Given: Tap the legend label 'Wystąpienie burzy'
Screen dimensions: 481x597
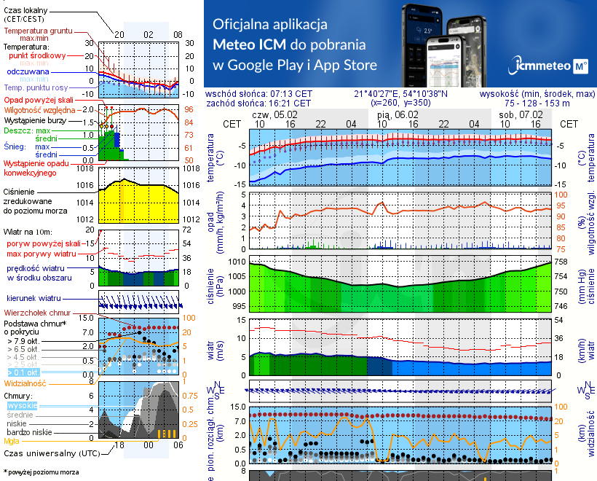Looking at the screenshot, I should pos(33,119).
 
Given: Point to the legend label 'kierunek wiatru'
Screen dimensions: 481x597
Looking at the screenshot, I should pos(34,299).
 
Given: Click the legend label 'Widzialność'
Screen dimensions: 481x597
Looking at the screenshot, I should pos(25,382).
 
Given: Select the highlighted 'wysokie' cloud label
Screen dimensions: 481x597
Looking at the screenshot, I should pos(22,405).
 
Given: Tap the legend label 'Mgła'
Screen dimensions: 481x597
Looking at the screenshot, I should pos(12,440).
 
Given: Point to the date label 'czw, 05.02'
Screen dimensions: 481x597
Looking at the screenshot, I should pos(274,114).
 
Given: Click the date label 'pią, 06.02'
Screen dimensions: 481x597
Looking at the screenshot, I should pos(398,114).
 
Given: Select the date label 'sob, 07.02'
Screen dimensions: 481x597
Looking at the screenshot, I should pos(521,114).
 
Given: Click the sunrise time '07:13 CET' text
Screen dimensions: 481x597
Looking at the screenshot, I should pos(290,94).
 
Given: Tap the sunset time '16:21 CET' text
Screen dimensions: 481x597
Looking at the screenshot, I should pos(290,103).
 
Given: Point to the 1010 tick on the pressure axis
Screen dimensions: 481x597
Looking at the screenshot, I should pos(236,261).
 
